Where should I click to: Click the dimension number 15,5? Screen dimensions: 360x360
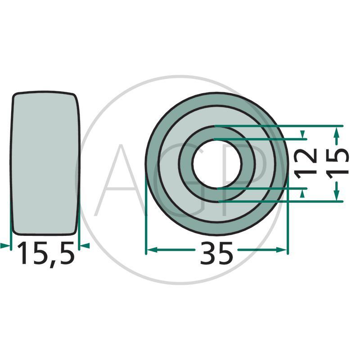point(46,253)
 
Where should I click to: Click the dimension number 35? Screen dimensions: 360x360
point(216,253)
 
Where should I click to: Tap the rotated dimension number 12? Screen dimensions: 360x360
point(306,163)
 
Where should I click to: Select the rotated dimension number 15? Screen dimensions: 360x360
point(337,163)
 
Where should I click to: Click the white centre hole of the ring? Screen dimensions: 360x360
point(217,164)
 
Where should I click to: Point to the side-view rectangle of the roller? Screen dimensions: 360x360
point(45,163)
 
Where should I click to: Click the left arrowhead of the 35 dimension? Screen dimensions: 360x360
point(152,250)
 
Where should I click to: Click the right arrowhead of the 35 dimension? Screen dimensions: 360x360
point(282,250)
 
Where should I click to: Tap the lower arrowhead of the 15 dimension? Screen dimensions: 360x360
point(336,195)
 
